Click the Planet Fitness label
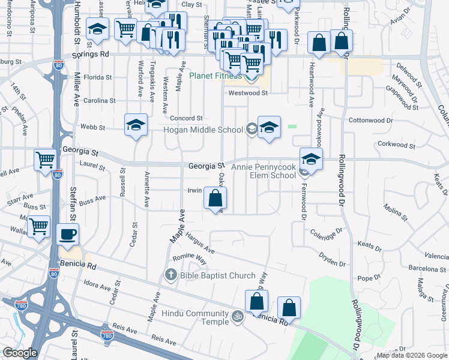point(215,76)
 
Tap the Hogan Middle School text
point(205,130)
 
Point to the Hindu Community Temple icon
point(238,316)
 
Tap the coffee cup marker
point(67,234)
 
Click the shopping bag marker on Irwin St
point(215,198)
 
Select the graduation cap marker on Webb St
point(136,126)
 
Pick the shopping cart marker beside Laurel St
point(45,160)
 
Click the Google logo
point(20,353)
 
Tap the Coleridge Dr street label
point(326,232)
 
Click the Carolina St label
point(98,101)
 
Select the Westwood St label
point(247,93)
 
